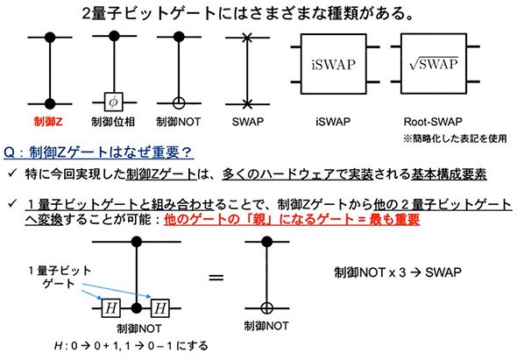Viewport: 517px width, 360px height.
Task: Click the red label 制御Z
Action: pos(48,122)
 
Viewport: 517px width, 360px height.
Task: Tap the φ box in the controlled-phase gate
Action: pos(113,102)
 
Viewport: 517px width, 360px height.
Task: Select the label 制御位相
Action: pos(113,122)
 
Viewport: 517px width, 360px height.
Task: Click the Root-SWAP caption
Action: pos(433,122)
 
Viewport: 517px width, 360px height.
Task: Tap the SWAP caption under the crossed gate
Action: pos(248,122)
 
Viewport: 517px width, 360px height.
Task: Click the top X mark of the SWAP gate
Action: pos(247,38)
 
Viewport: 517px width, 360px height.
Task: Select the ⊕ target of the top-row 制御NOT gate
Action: pos(179,103)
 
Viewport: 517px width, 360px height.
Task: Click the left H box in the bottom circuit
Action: pos(110,308)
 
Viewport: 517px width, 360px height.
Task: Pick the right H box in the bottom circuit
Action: pos(160,308)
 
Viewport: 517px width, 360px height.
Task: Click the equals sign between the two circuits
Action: pos(216,278)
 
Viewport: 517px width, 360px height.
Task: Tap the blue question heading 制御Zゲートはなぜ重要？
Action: pos(98,152)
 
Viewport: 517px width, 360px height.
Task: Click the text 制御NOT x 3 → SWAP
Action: pos(398,272)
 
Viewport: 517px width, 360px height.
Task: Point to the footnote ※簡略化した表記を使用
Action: pos(455,138)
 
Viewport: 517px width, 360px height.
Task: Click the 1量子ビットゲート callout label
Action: pos(60,277)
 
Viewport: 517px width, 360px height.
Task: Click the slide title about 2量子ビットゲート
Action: pos(248,14)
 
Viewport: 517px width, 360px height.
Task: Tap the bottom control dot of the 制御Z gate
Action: pos(50,103)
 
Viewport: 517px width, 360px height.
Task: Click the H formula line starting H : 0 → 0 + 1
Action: pos(131,346)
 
